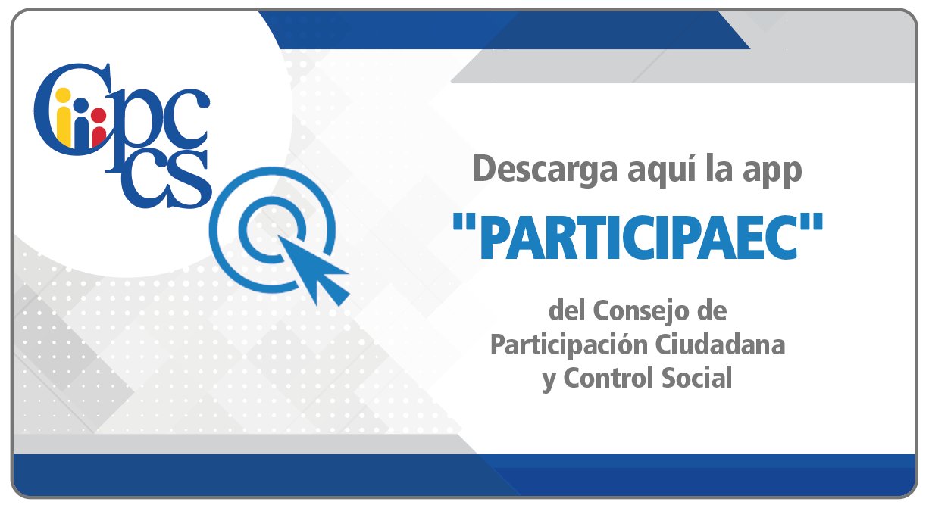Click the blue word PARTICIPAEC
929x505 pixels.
tap(639, 237)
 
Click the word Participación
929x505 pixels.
tap(569, 346)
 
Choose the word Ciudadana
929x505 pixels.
tap(721, 344)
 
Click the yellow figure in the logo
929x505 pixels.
tap(64, 118)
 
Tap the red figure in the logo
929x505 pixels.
tap(99, 126)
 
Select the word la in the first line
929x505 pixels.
tap(719, 169)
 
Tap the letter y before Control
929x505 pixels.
tap(549, 381)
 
